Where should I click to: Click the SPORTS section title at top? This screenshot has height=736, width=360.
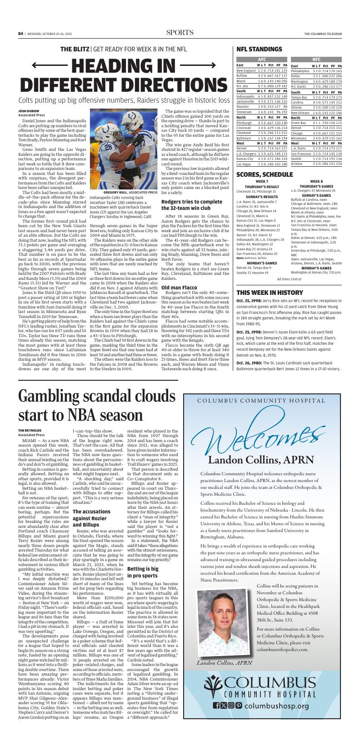[x=180, y=32]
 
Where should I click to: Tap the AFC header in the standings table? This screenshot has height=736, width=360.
[x=262, y=60]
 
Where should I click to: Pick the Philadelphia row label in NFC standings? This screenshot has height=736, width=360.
[x=300, y=71]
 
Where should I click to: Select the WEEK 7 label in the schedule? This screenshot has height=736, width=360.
[x=262, y=182]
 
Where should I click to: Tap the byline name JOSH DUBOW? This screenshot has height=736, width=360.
[x=29, y=110]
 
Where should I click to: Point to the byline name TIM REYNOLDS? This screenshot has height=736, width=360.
[x=30, y=430]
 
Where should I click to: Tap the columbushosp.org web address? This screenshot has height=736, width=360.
[x=277, y=718]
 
